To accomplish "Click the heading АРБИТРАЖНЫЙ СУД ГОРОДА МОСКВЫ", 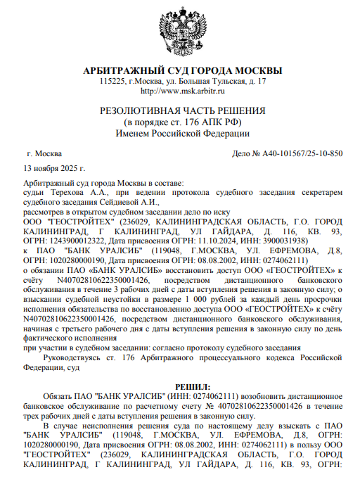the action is (x=182, y=71).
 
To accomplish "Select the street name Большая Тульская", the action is (x=216, y=82).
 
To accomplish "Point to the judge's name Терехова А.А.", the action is (x=71, y=192).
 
